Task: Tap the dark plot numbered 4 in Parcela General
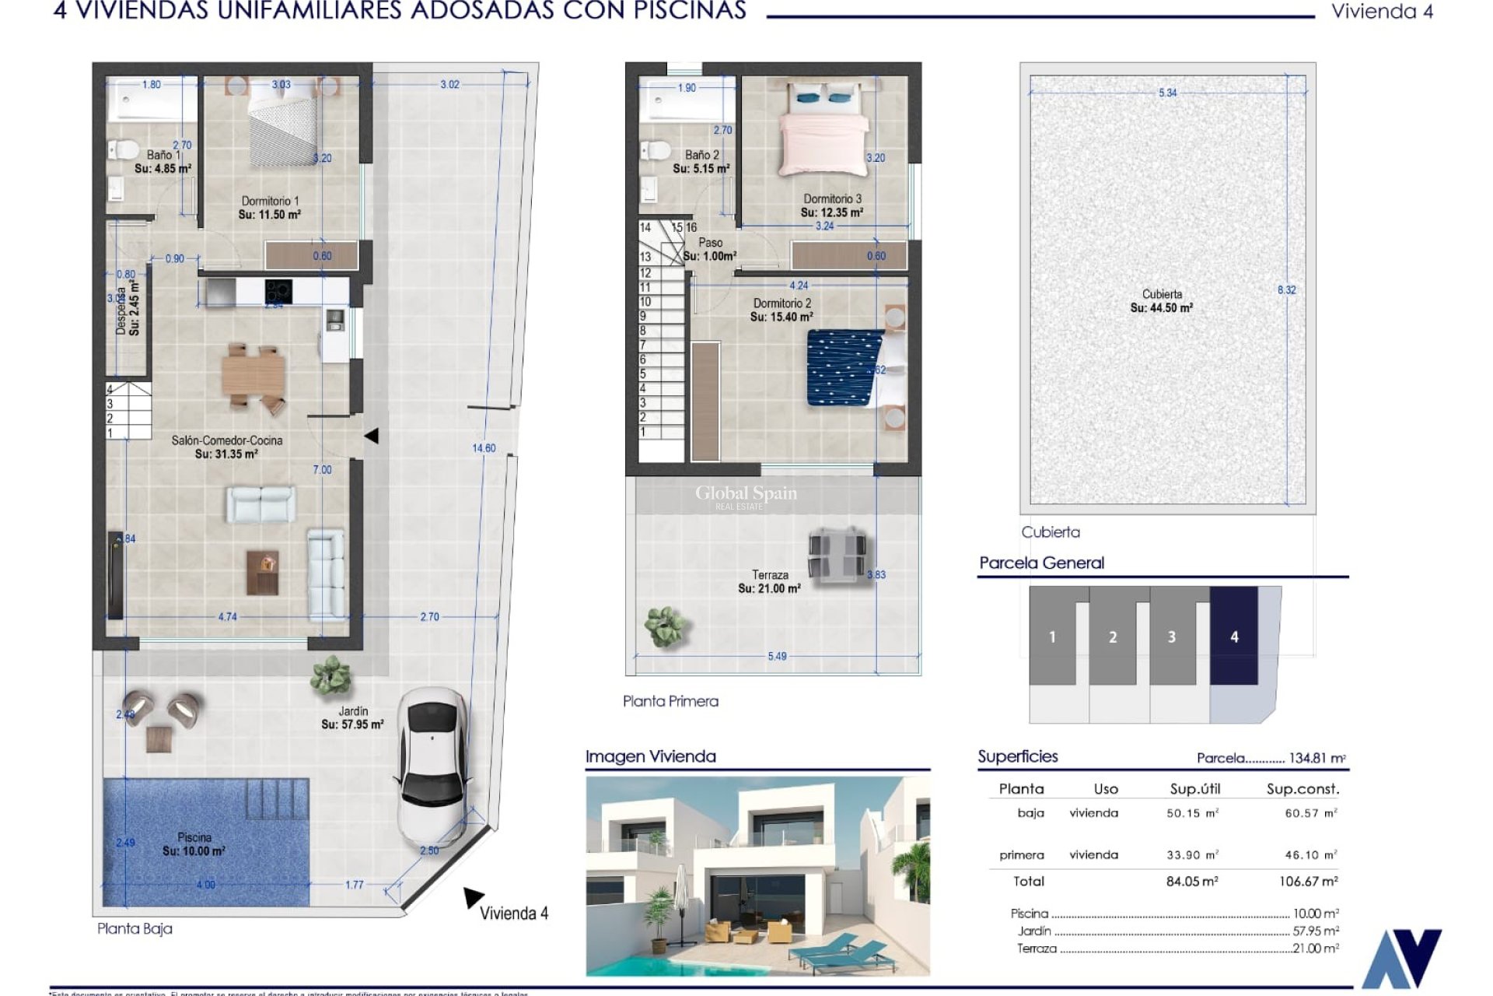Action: click(x=1233, y=637)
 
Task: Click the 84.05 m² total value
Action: click(x=1192, y=882)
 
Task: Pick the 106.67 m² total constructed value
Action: click(x=1308, y=882)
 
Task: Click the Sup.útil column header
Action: click(x=1195, y=789)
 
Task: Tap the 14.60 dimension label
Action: click(x=484, y=448)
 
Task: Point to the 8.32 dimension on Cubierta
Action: click(x=1287, y=290)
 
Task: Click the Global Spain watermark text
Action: click(x=746, y=493)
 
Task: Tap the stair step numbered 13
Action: click(x=645, y=257)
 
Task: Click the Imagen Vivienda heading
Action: click(x=650, y=756)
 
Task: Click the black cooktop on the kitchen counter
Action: click(x=278, y=291)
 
